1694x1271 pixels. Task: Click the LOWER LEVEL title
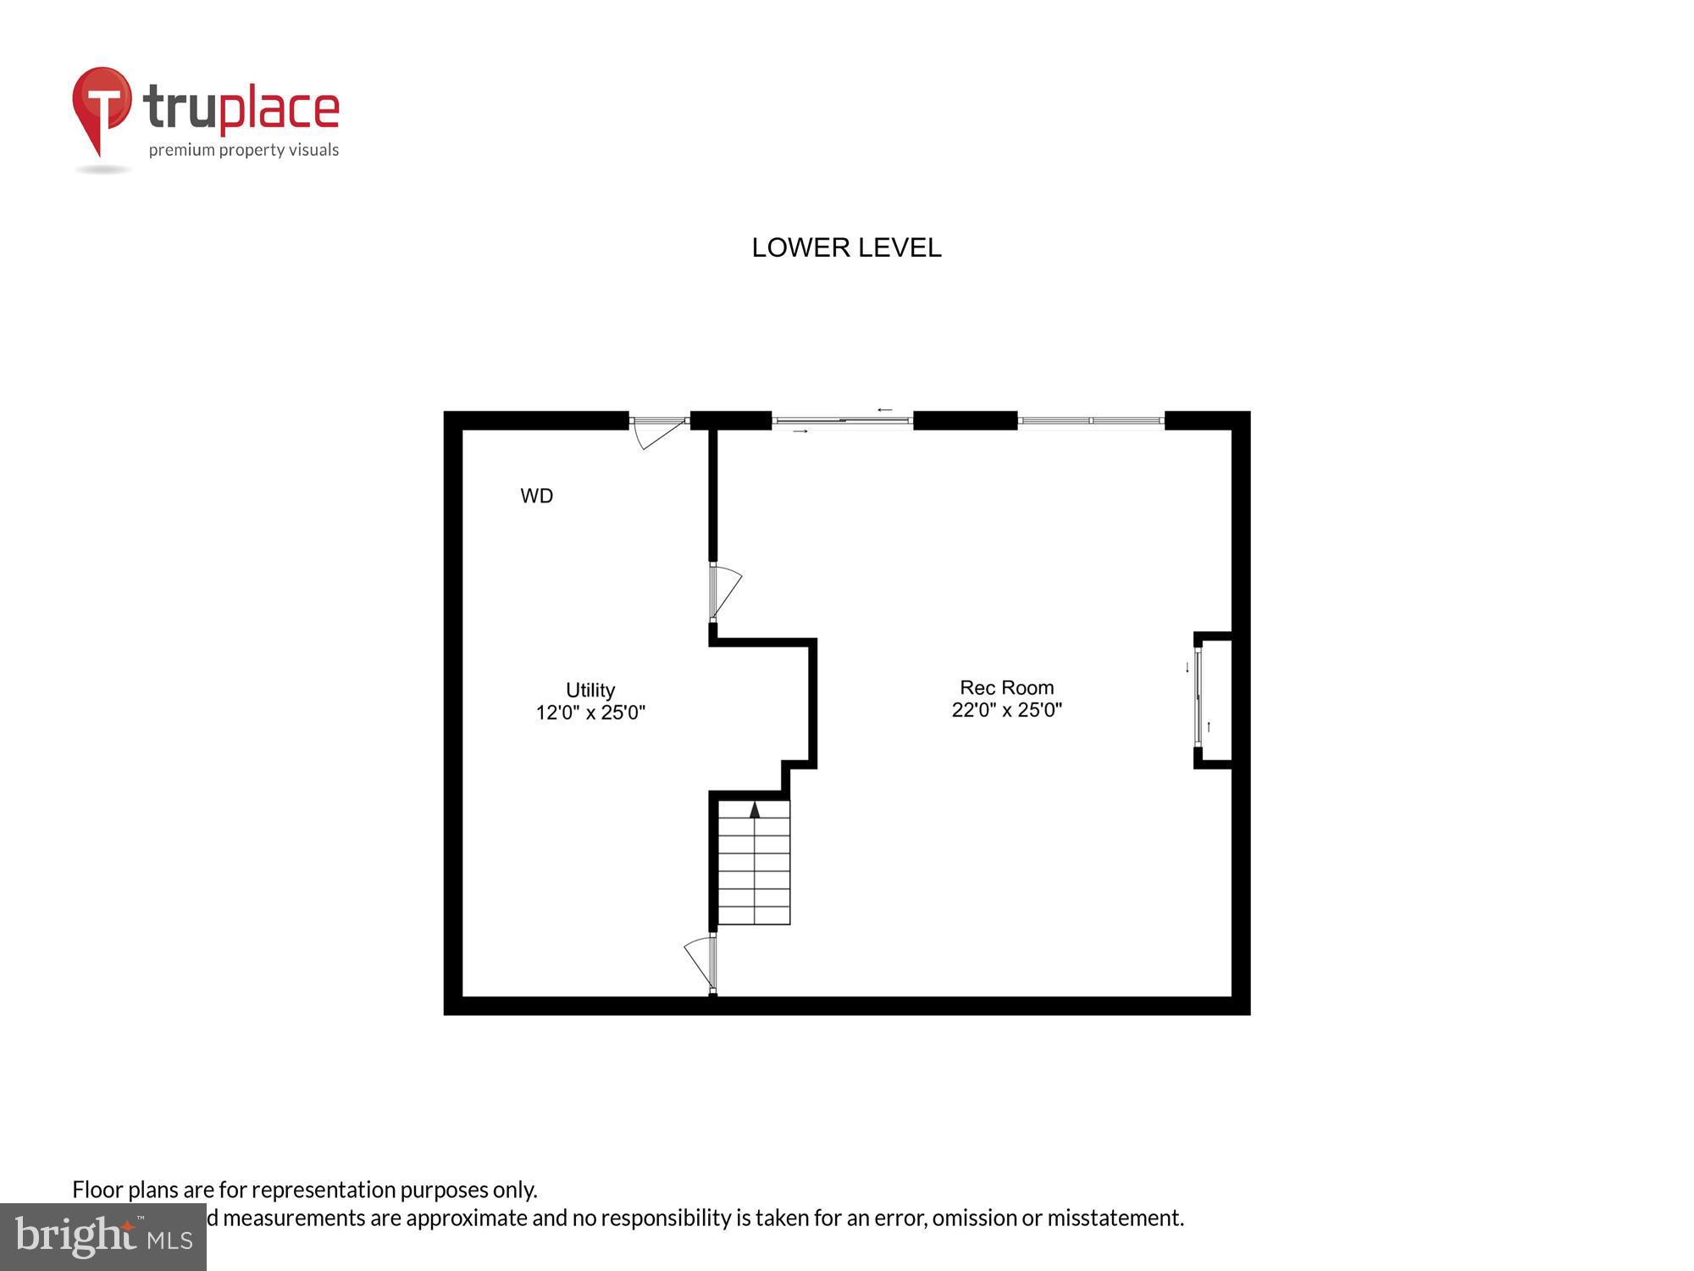coord(846,247)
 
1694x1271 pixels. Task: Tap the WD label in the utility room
coord(536,496)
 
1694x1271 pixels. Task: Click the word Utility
coord(590,690)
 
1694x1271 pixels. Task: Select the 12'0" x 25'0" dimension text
coord(590,713)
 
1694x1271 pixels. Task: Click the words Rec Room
coord(1006,687)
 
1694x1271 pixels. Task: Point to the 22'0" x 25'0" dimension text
coord(1006,710)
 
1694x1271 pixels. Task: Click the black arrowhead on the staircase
coord(755,809)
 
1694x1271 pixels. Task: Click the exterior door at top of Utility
coord(659,428)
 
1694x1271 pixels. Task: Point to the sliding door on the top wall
coord(842,420)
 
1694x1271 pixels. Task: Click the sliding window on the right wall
coord(1199,697)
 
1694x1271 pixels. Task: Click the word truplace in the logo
coord(241,108)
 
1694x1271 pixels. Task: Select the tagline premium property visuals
coord(244,150)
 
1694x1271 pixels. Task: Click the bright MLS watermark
coord(103,1237)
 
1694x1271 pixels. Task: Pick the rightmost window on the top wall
coord(1091,420)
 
